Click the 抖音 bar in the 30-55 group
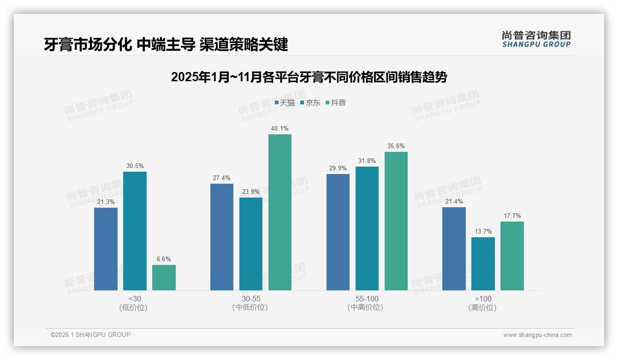coord(280,212)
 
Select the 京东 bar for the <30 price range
coord(135,231)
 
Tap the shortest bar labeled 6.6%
coord(164,277)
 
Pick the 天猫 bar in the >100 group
coord(454,249)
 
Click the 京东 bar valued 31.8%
coord(367,228)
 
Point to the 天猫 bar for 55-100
coord(338,232)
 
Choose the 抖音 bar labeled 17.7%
coord(512,256)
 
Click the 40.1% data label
coord(280,129)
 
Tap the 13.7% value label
coord(483,232)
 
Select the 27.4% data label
coord(222,178)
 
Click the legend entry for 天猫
coord(285,103)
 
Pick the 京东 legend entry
coord(310,103)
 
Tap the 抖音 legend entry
coord(336,103)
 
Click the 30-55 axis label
coord(250,299)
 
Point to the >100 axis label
coord(483,299)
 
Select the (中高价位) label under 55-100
coord(365,307)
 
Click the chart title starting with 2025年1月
coord(309,77)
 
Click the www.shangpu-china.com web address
coord(537,335)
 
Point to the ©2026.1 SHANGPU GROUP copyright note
coord(90,335)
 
